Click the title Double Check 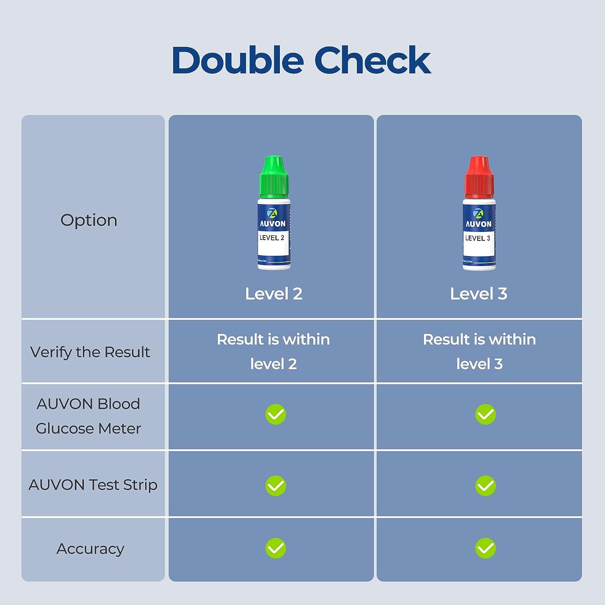point(301,60)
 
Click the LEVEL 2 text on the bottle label point(272,238)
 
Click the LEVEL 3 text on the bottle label point(478,238)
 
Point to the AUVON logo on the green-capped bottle point(273,218)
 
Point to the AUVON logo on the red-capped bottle point(478,218)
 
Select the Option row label point(89,220)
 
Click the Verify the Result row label point(90,352)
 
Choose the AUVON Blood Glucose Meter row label point(88,416)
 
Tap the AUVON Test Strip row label point(93,484)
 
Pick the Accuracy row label point(90,549)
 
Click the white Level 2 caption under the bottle point(274,294)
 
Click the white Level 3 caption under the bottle point(479,294)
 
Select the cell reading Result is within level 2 point(273,351)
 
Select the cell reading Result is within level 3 point(479,351)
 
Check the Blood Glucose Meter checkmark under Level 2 point(276,414)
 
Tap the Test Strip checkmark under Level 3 point(486,486)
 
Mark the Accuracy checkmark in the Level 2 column point(276,548)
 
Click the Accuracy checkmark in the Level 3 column point(486,548)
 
